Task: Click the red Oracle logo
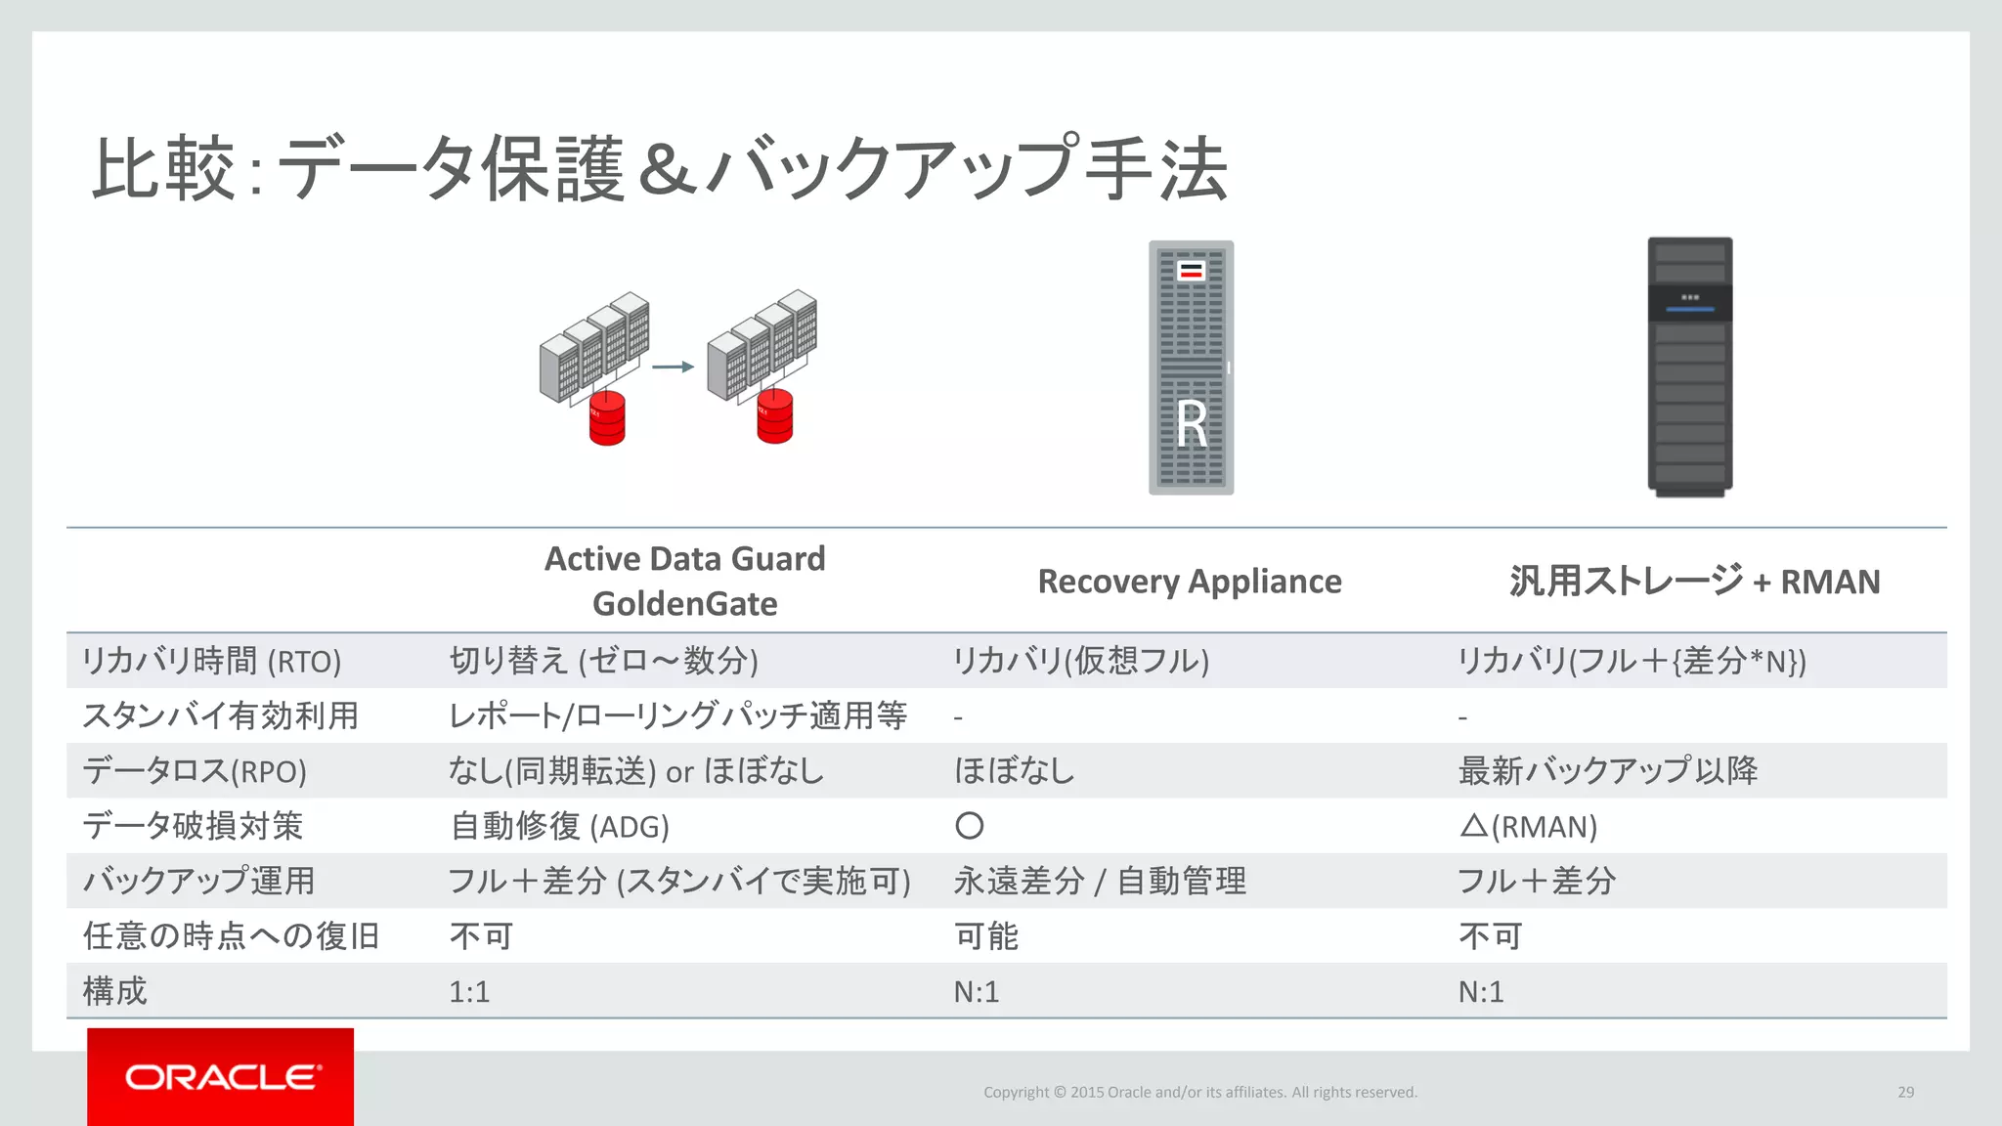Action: click(x=220, y=1076)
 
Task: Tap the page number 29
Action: click(x=1905, y=1092)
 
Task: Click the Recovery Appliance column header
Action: click(x=1189, y=582)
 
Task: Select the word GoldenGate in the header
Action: click(x=684, y=604)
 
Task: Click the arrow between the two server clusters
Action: click(x=673, y=367)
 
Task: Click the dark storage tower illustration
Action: click(x=1689, y=367)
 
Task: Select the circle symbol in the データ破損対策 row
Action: click(x=969, y=826)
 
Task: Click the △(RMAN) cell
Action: click(x=1528, y=827)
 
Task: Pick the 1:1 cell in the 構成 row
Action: click(x=469, y=992)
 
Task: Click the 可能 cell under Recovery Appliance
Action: click(x=986, y=936)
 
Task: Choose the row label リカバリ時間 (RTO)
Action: click(x=211, y=662)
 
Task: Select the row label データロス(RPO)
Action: click(x=195, y=771)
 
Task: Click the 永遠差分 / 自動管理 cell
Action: click(x=1100, y=882)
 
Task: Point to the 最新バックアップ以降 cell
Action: click(x=1607, y=771)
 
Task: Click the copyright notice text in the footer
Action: click(x=1199, y=1092)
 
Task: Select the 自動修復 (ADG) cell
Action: click(x=559, y=827)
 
